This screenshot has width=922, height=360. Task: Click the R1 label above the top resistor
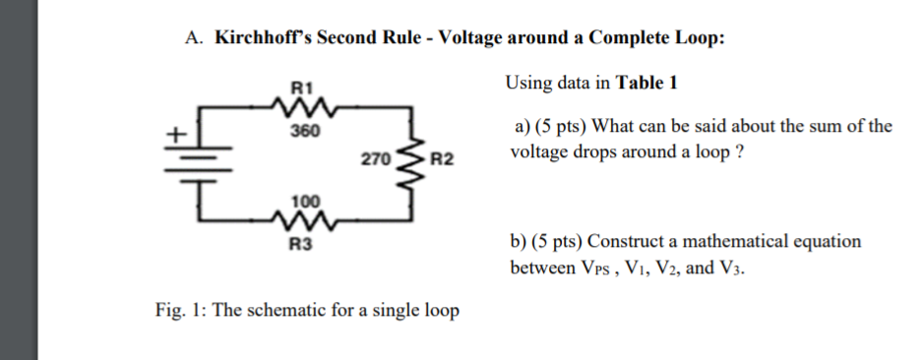pyautogui.click(x=301, y=85)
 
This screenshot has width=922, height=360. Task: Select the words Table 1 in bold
pyautogui.click(x=646, y=83)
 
